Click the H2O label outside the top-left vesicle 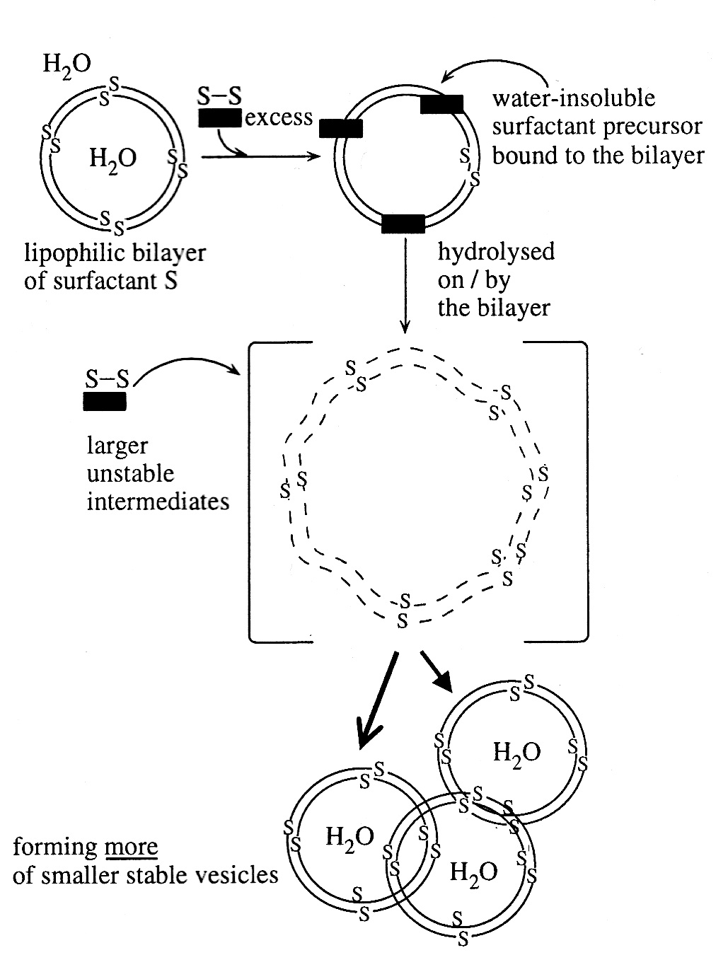click(67, 64)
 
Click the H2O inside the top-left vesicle click(113, 157)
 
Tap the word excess click(279, 117)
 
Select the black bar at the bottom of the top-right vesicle click(403, 224)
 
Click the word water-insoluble click(574, 98)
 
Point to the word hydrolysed click(496, 251)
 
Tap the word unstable click(130, 473)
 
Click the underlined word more click(131, 847)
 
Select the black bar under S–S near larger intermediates click(105, 402)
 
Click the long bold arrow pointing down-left click(378, 700)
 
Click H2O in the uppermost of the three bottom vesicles click(517, 751)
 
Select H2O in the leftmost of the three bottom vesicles click(349, 837)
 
